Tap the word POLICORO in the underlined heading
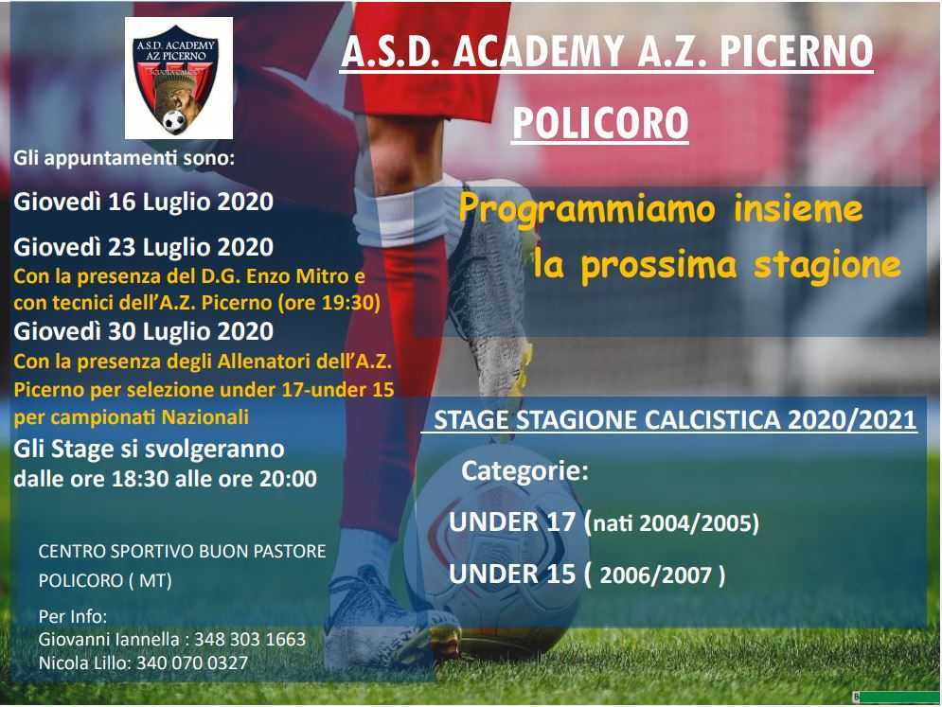pyautogui.click(x=600, y=123)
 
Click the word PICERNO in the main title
pyautogui.click(x=796, y=51)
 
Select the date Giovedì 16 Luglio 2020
pyautogui.click(x=144, y=202)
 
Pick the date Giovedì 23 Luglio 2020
pyautogui.click(x=144, y=247)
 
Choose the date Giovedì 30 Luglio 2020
pyautogui.click(x=144, y=331)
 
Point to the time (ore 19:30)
pyautogui.click(x=329, y=303)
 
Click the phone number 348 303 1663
pyautogui.click(x=250, y=639)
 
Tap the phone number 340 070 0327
pyautogui.click(x=192, y=663)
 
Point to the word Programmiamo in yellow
pyautogui.click(x=587, y=210)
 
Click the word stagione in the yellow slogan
pyautogui.click(x=827, y=266)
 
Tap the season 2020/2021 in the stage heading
pyautogui.click(x=852, y=420)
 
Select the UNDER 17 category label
pyautogui.click(x=512, y=521)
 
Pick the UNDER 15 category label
pyautogui.click(x=512, y=574)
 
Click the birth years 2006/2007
pyautogui.click(x=656, y=575)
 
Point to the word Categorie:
pyautogui.click(x=525, y=471)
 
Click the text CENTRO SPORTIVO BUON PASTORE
pyautogui.click(x=182, y=552)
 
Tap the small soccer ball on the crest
pyautogui.click(x=175, y=122)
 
